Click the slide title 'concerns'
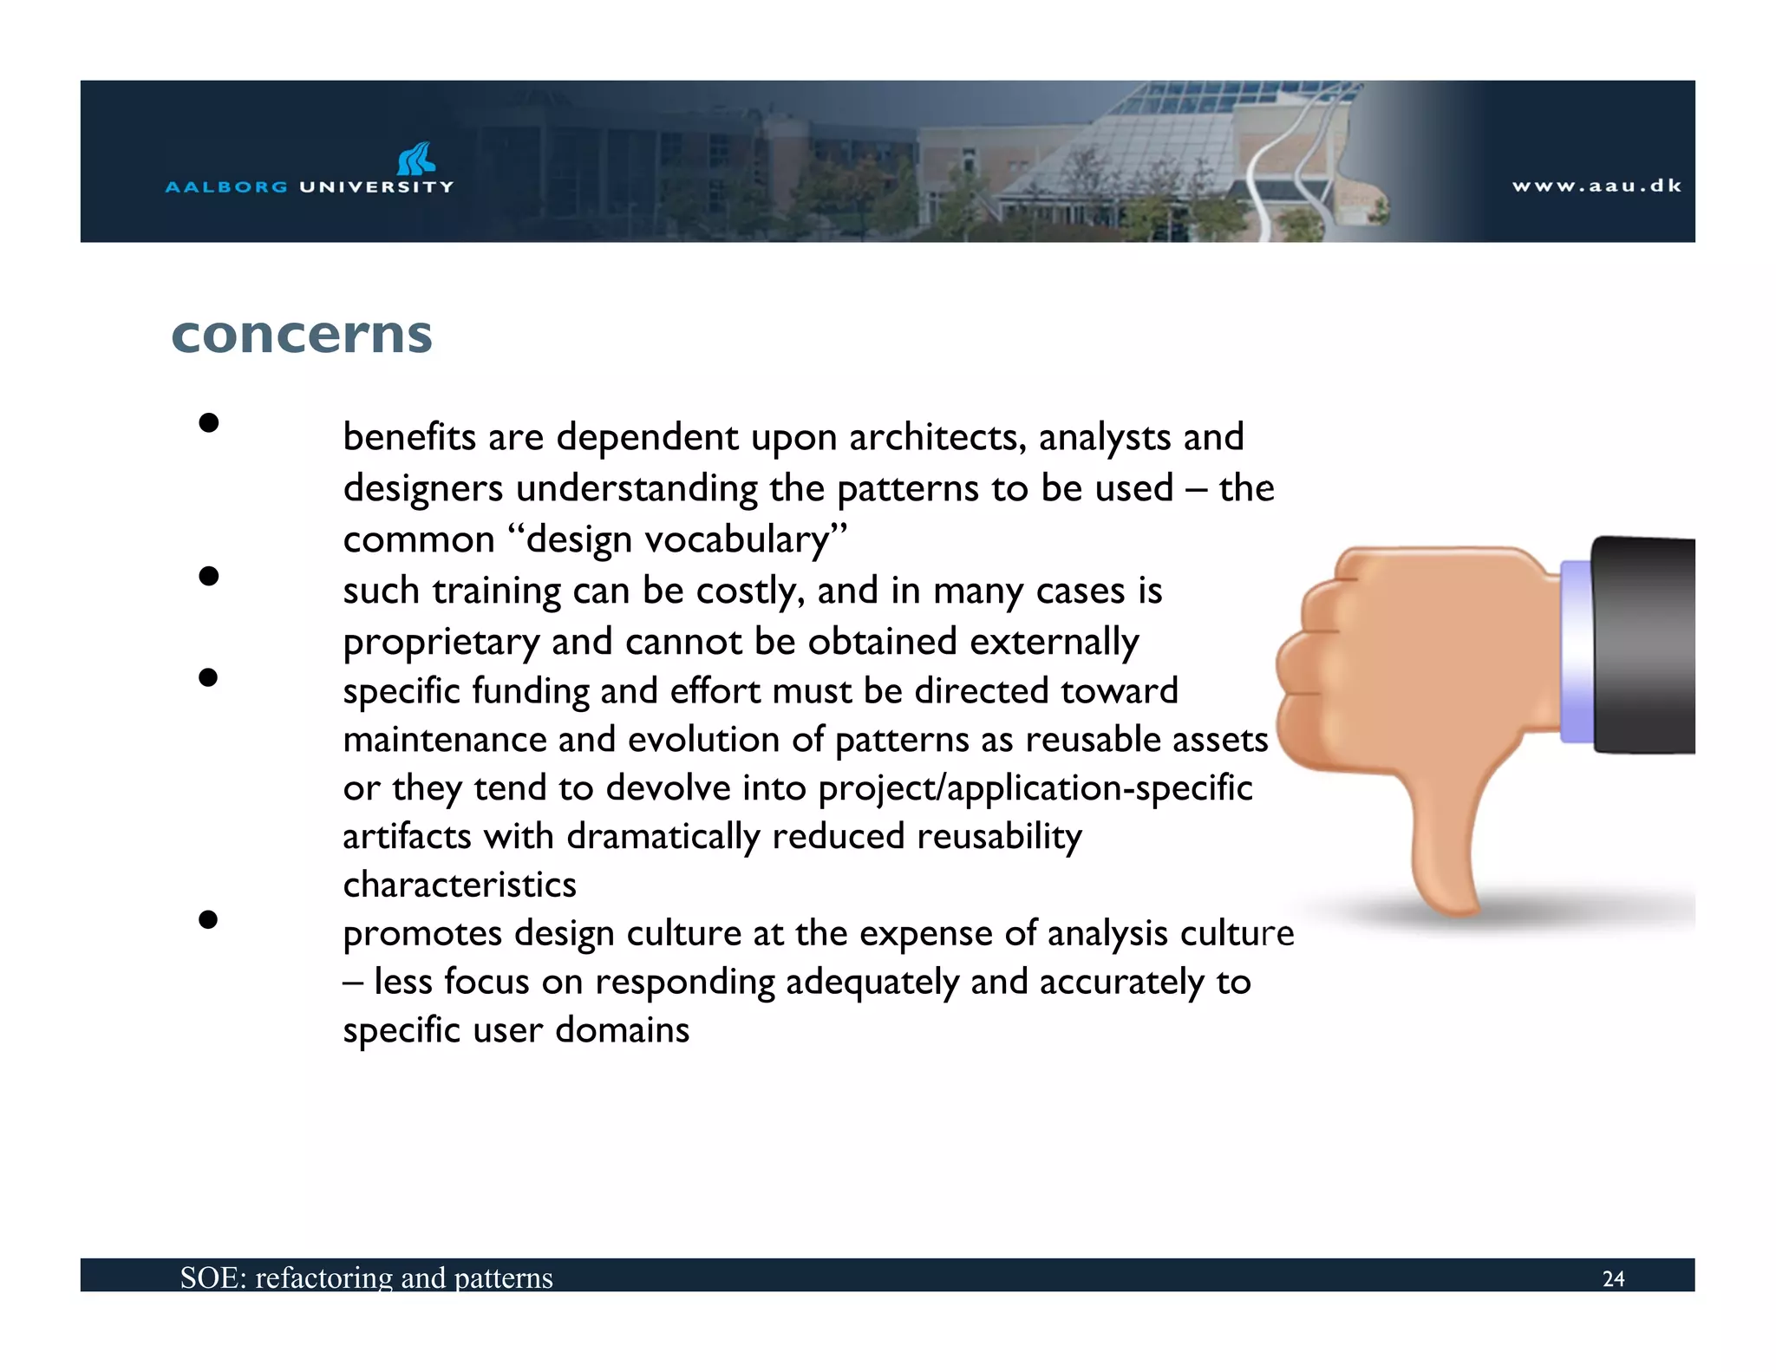coord(302,335)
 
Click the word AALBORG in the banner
coord(225,186)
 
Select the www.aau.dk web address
coord(1596,186)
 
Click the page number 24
coord(1613,1278)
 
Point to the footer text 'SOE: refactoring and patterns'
coord(366,1277)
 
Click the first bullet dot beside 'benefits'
coord(208,422)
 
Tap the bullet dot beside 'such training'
coord(208,576)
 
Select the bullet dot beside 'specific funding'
coord(208,676)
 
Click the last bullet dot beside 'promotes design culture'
coord(208,919)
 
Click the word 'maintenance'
coord(444,740)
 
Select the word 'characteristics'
coord(460,885)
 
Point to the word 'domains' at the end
coord(622,1030)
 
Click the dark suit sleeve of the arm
coord(1643,646)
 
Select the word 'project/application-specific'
coord(1035,788)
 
